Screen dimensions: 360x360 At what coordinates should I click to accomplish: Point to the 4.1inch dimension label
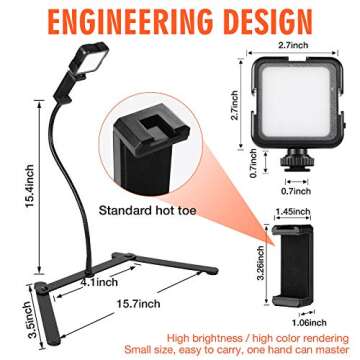coord(92,283)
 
